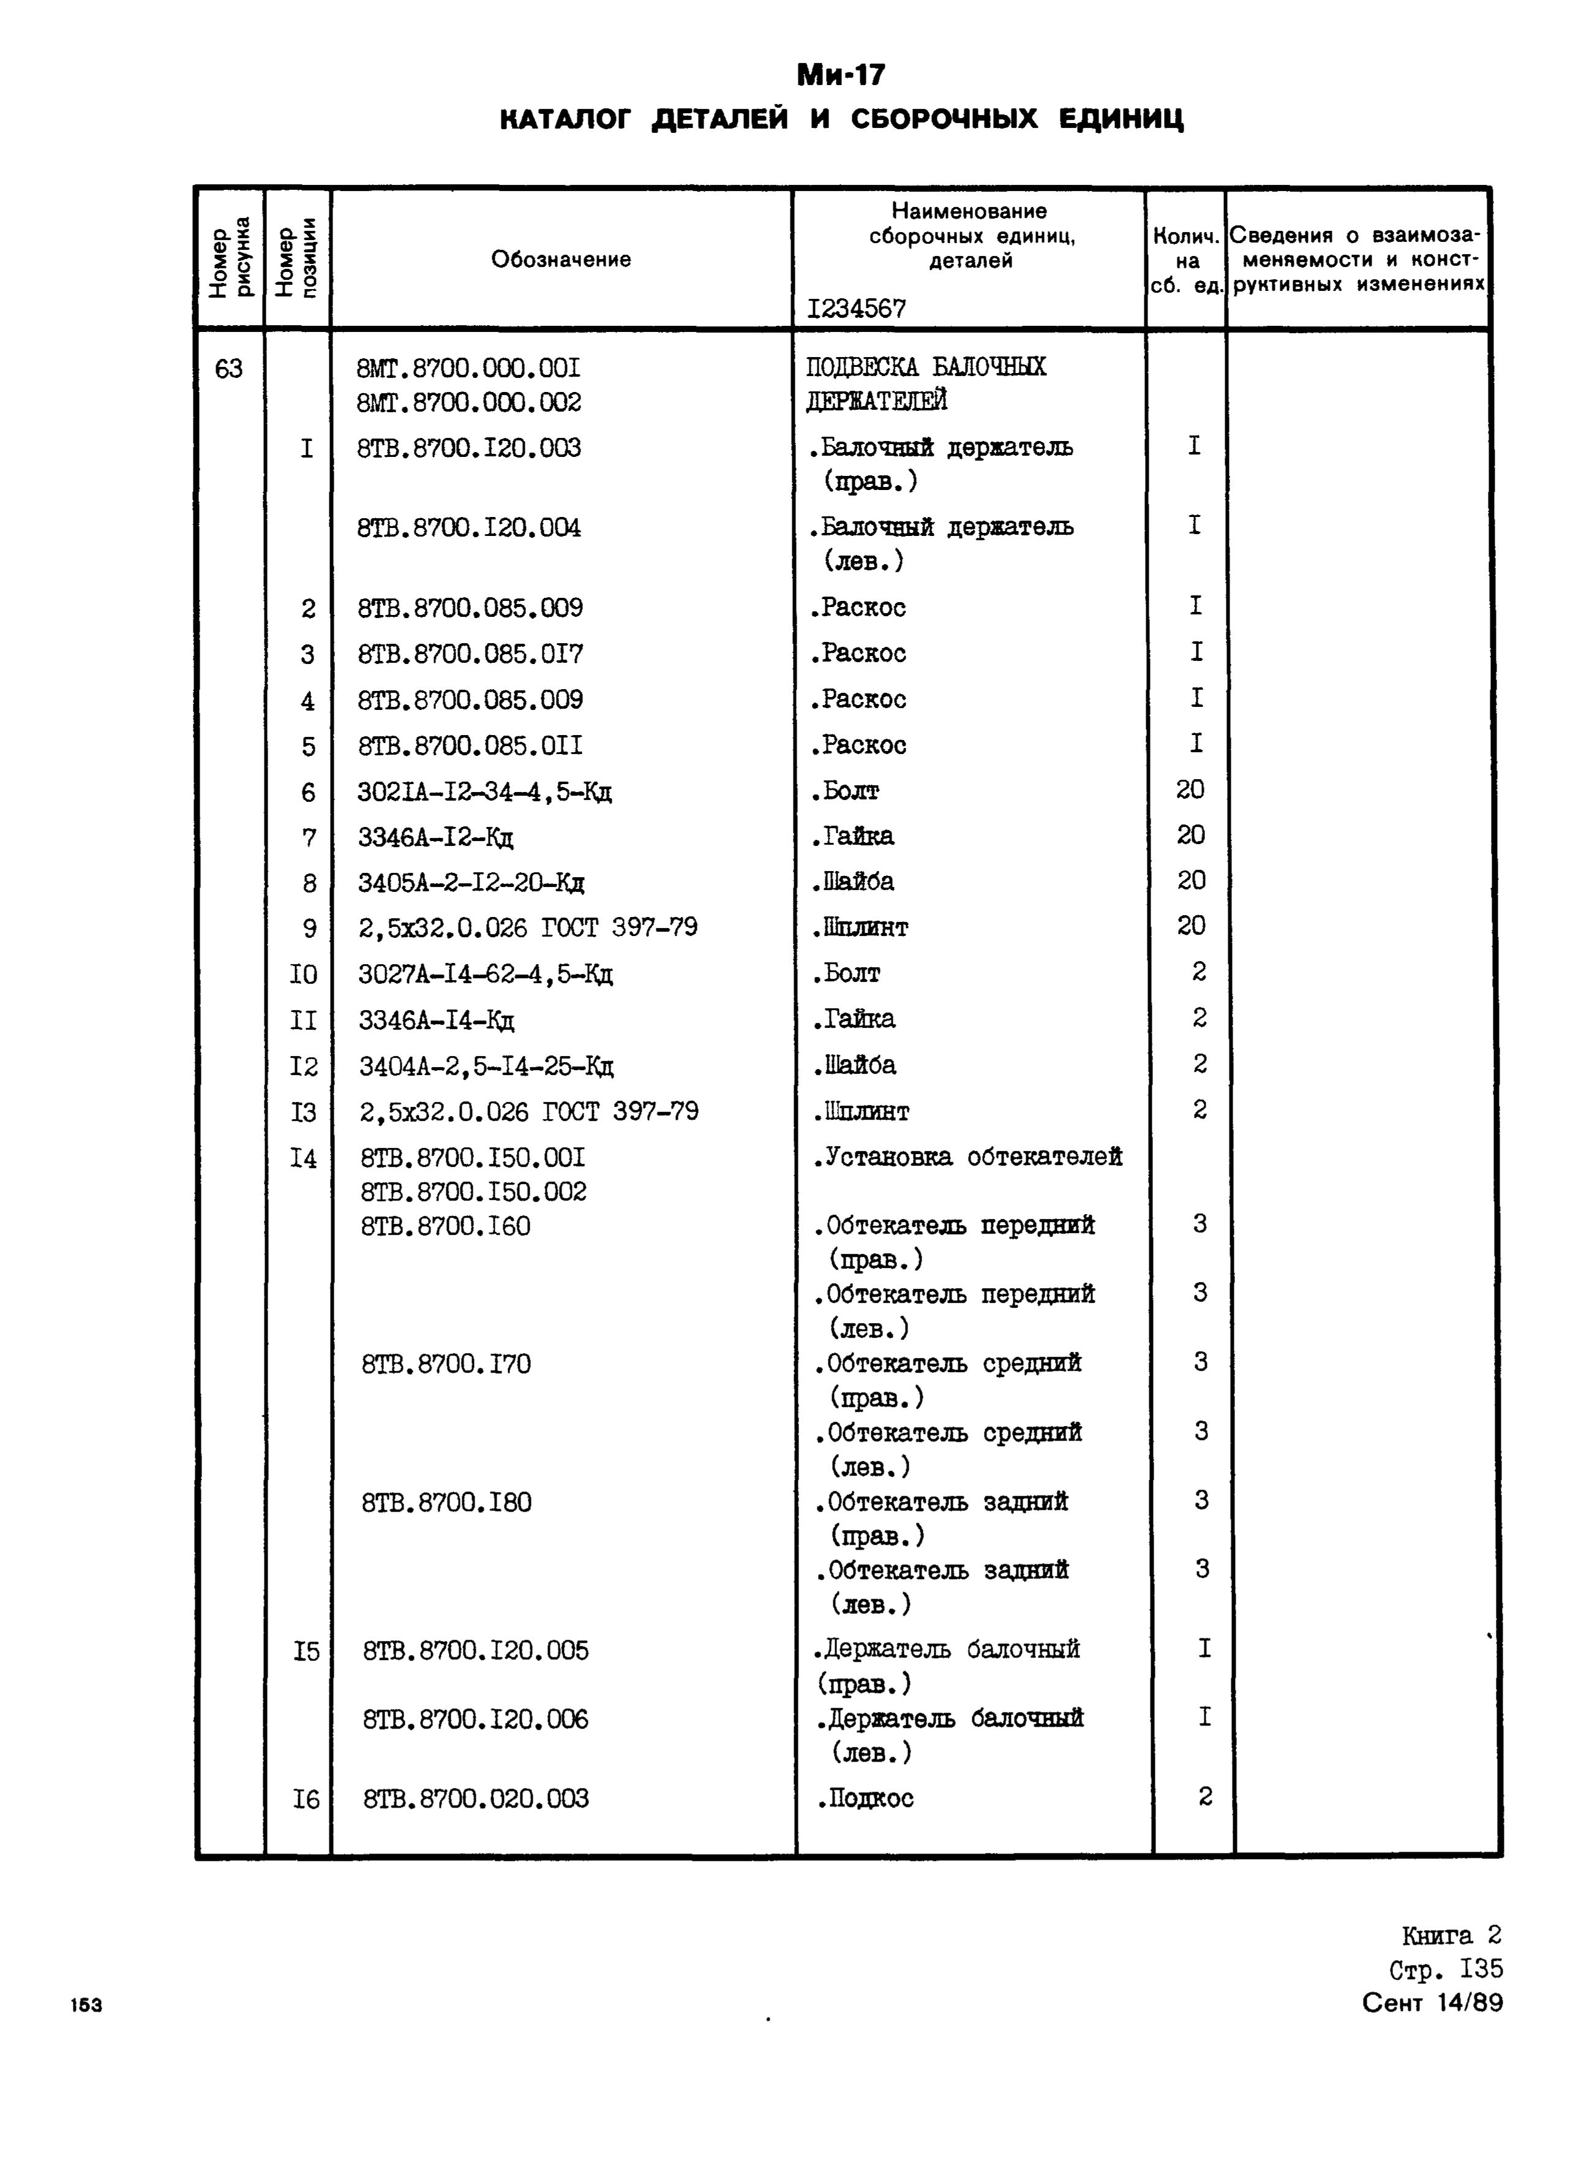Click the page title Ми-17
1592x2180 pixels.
(x=840, y=75)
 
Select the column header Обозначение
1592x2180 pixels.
(x=561, y=259)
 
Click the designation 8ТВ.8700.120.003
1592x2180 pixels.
(x=469, y=448)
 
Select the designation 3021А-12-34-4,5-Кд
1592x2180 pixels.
(x=485, y=792)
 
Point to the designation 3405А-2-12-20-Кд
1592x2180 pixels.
(x=471, y=883)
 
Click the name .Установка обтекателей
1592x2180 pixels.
(x=967, y=1158)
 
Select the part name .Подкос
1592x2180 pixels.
(x=865, y=1798)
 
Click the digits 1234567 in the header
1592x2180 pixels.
(x=857, y=308)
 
